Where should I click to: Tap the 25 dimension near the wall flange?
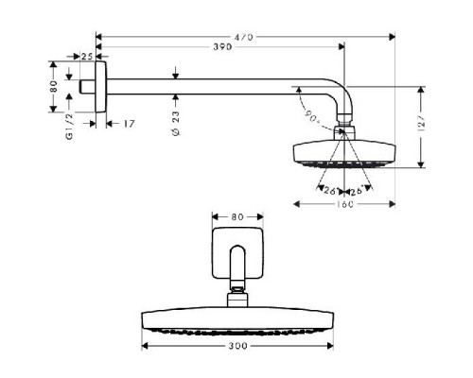click(x=87, y=58)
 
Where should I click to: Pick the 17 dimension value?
click(x=130, y=124)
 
